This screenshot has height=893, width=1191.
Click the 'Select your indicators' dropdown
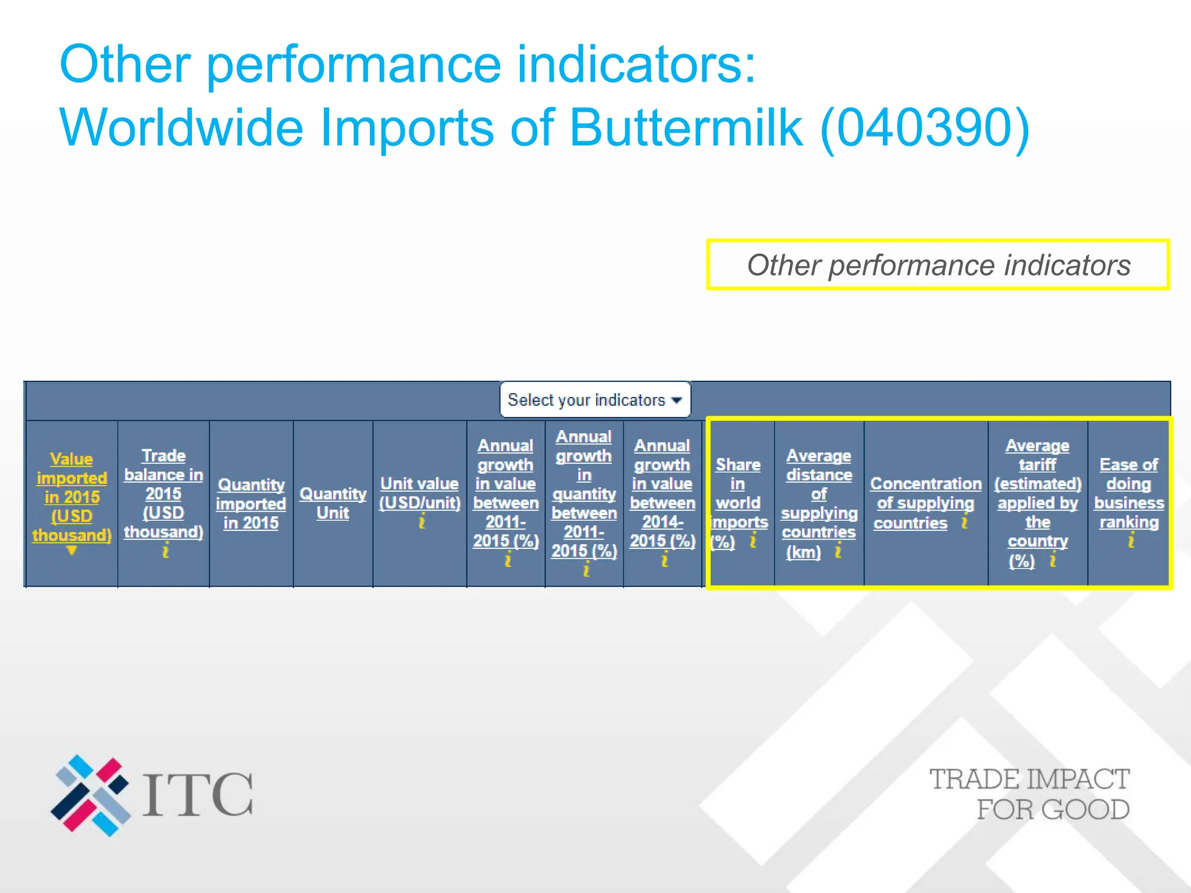click(x=594, y=400)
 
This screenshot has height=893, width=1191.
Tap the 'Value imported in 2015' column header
click(x=72, y=497)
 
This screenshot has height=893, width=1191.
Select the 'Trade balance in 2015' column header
click(x=163, y=494)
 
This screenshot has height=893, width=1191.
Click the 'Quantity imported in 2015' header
click(x=251, y=503)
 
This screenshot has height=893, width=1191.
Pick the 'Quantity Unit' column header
click(x=333, y=503)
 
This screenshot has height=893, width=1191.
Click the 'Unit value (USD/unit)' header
click(x=419, y=493)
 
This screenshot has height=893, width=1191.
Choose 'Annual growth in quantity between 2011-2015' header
click(x=584, y=494)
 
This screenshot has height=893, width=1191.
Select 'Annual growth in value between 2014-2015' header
click(x=662, y=494)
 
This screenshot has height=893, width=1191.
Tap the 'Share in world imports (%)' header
click(x=738, y=503)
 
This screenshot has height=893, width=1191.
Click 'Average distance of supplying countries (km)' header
click(x=819, y=503)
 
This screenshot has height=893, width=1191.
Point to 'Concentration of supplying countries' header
click(x=925, y=503)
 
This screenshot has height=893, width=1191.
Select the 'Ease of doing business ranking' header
click(x=1129, y=494)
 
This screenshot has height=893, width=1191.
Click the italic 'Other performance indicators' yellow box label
click(x=938, y=265)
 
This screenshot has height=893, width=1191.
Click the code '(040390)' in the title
click(x=925, y=129)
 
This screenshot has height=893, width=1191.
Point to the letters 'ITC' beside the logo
click(x=198, y=795)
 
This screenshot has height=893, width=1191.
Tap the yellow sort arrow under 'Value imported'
click(x=72, y=550)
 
